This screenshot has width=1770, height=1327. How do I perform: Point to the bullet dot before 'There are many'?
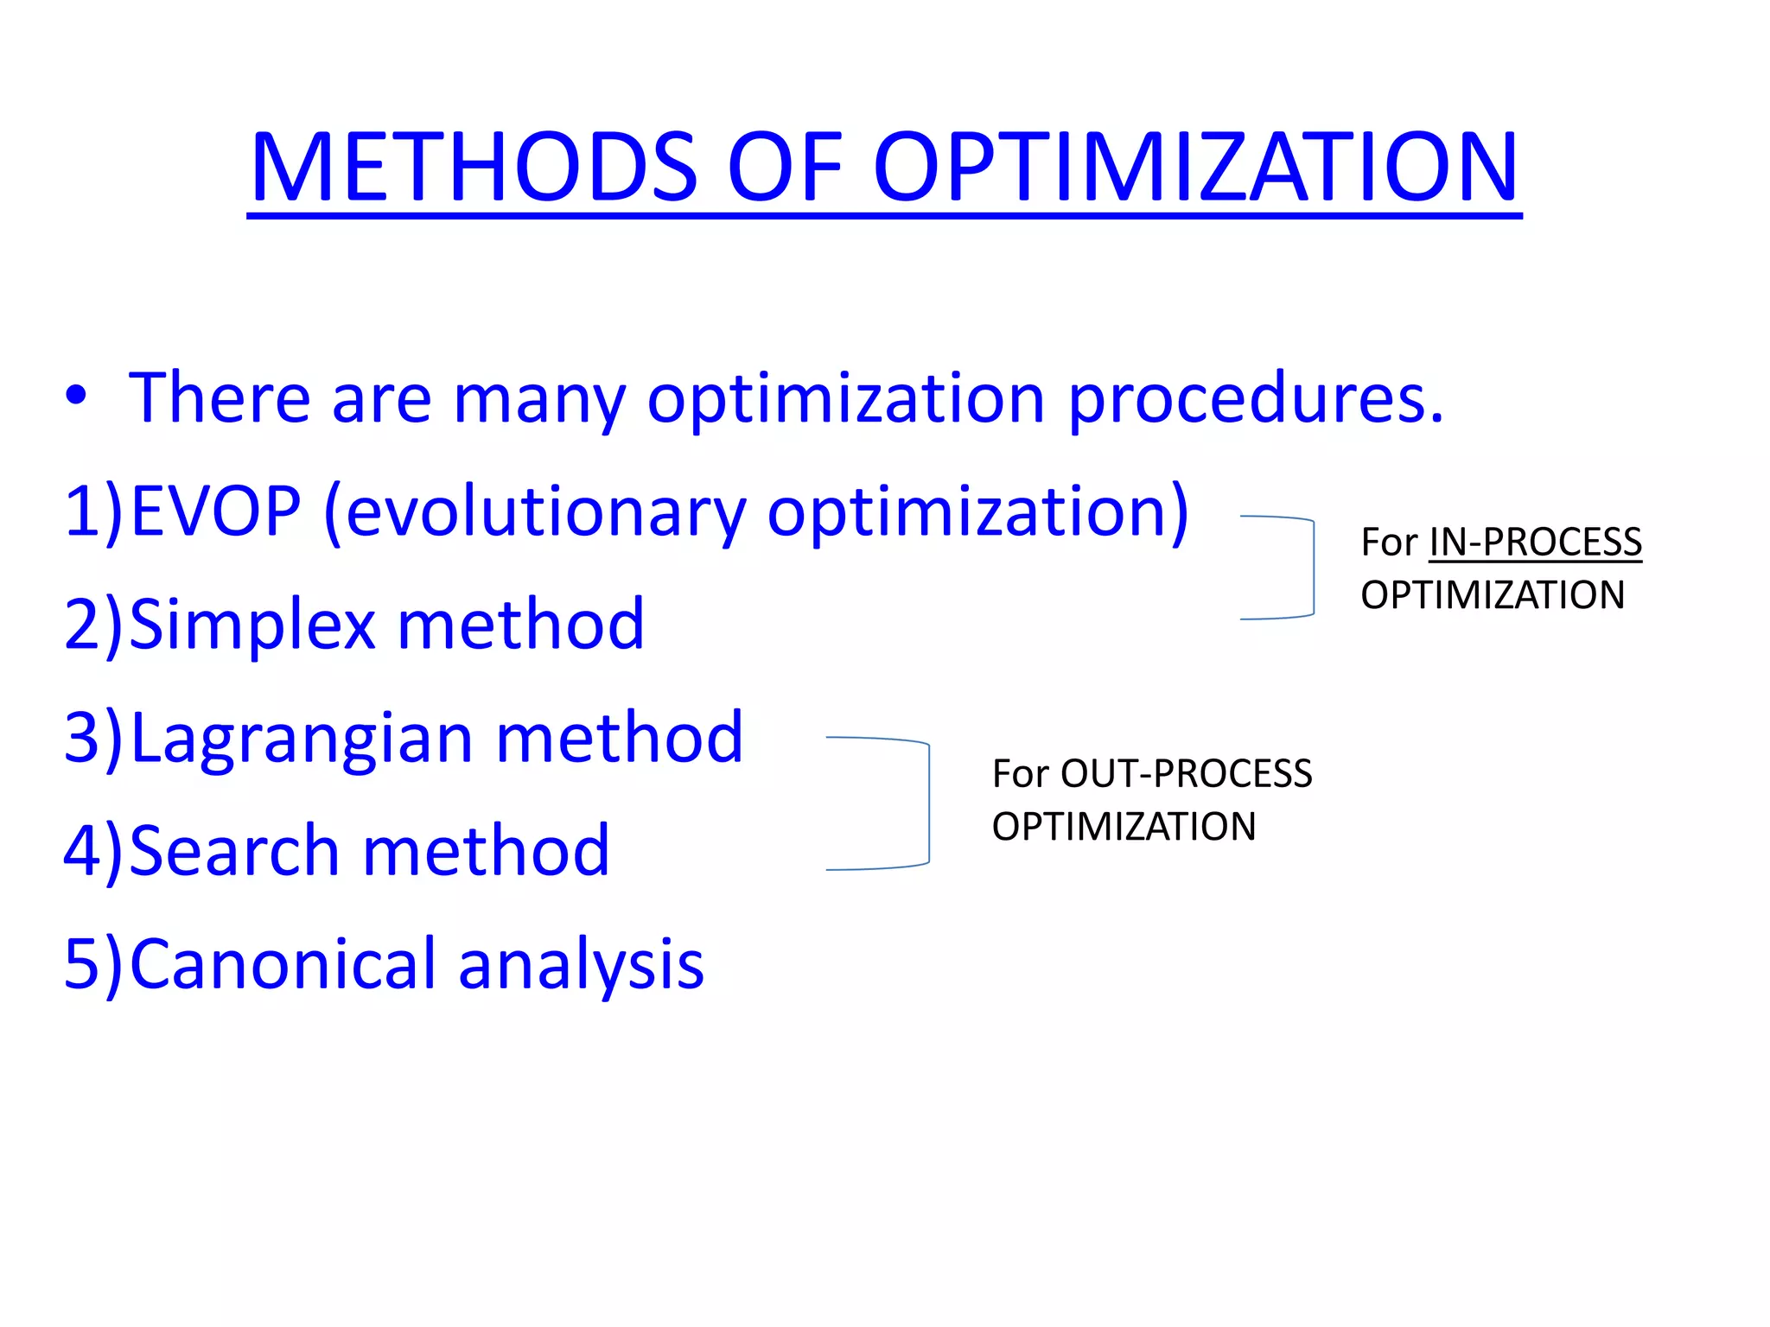click(x=76, y=396)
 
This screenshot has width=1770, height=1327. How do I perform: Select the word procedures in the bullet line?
click(x=1255, y=399)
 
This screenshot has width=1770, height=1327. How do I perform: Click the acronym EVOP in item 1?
click(x=216, y=511)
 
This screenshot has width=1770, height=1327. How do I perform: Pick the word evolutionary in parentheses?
click(x=544, y=513)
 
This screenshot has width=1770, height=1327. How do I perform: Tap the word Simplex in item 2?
click(x=252, y=625)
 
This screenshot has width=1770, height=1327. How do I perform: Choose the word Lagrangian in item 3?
click(x=301, y=740)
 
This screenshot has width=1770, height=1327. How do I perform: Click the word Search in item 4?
click(x=233, y=851)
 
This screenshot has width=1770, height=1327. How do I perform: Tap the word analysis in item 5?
click(x=581, y=966)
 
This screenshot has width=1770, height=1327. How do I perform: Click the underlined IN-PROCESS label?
click(x=1535, y=543)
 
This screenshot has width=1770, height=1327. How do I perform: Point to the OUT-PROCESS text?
click(x=1186, y=774)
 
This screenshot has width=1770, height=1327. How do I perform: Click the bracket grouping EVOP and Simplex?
click(x=1312, y=568)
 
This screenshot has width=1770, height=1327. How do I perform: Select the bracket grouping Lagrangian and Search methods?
click(x=927, y=803)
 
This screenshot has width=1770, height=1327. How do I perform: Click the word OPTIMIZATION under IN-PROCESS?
click(x=1493, y=595)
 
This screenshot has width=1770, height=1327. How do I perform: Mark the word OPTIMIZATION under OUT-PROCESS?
click(x=1124, y=827)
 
